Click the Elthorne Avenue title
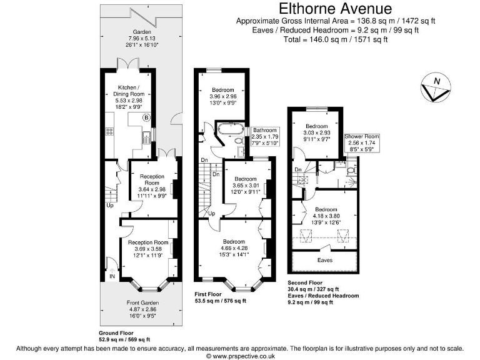[335, 9]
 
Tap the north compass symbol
[435, 88]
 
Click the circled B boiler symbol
[147, 117]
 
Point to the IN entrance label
[112, 276]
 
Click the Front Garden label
[141, 302]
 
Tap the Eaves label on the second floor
[325, 260]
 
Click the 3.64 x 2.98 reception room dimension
[151, 189]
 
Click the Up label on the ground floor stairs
[110, 205]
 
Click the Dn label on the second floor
[298, 170]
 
